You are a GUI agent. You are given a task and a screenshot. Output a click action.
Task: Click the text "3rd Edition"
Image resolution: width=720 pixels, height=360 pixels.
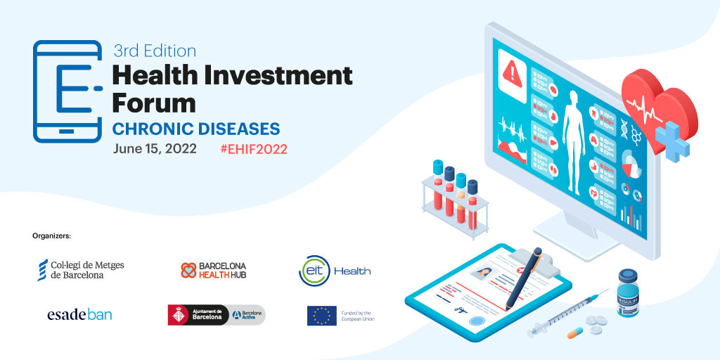click(x=155, y=51)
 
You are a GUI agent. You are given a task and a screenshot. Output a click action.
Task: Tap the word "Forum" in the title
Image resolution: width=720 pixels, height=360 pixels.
click(x=154, y=103)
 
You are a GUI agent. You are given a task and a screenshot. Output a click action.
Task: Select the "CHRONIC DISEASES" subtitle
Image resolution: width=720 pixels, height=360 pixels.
click(x=196, y=129)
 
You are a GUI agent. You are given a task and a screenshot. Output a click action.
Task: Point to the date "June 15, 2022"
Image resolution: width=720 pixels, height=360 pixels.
click(x=155, y=149)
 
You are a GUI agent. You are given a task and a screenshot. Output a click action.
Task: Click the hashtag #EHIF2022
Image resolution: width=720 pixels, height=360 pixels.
click(x=254, y=149)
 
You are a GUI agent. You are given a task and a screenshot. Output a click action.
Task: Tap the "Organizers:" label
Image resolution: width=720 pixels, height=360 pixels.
click(x=52, y=236)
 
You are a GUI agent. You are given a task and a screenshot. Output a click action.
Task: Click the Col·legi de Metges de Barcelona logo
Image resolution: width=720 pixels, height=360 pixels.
click(x=81, y=269)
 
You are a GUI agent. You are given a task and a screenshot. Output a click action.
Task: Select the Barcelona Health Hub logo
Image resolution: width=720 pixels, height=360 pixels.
click(x=213, y=271)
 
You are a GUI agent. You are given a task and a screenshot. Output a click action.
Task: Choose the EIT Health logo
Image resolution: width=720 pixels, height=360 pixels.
click(x=334, y=271)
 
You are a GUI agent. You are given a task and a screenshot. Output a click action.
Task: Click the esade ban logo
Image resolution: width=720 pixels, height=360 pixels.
click(x=79, y=314)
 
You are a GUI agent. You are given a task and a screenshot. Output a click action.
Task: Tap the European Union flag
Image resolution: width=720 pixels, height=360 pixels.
click(x=322, y=316)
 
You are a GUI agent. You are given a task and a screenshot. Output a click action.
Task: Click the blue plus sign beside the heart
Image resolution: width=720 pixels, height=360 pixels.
click(x=672, y=141)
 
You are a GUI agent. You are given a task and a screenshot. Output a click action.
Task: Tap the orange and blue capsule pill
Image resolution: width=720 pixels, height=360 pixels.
click(x=575, y=333)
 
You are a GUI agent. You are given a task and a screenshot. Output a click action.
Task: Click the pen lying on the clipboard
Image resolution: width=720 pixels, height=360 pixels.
click(x=524, y=278)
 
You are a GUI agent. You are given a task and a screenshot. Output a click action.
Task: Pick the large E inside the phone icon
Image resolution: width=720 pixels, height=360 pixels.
click(x=74, y=89)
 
